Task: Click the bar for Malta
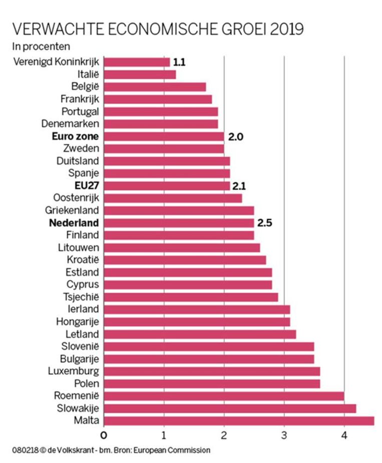click(239, 420)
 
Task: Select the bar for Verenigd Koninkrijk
click(137, 62)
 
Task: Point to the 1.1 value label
click(180, 63)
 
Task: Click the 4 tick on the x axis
click(344, 434)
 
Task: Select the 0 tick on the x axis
click(104, 434)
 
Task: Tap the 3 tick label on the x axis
click(284, 434)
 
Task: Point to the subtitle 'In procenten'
click(41, 47)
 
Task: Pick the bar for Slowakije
click(230, 408)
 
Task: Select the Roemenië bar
click(224, 396)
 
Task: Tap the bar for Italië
click(140, 75)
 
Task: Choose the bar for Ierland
click(197, 309)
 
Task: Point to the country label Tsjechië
click(82, 297)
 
